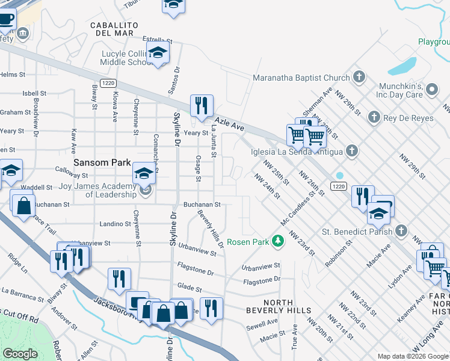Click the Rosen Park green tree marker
(x=277, y=242)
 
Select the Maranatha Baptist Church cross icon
(x=359, y=77)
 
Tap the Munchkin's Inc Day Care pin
(x=431, y=90)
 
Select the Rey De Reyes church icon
(x=374, y=117)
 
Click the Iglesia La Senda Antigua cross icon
(x=352, y=151)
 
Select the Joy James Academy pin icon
(x=144, y=192)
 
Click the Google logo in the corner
(x=21, y=354)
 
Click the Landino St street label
(x=115, y=224)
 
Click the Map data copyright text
(x=413, y=356)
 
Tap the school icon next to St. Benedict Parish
(x=378, y=214)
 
